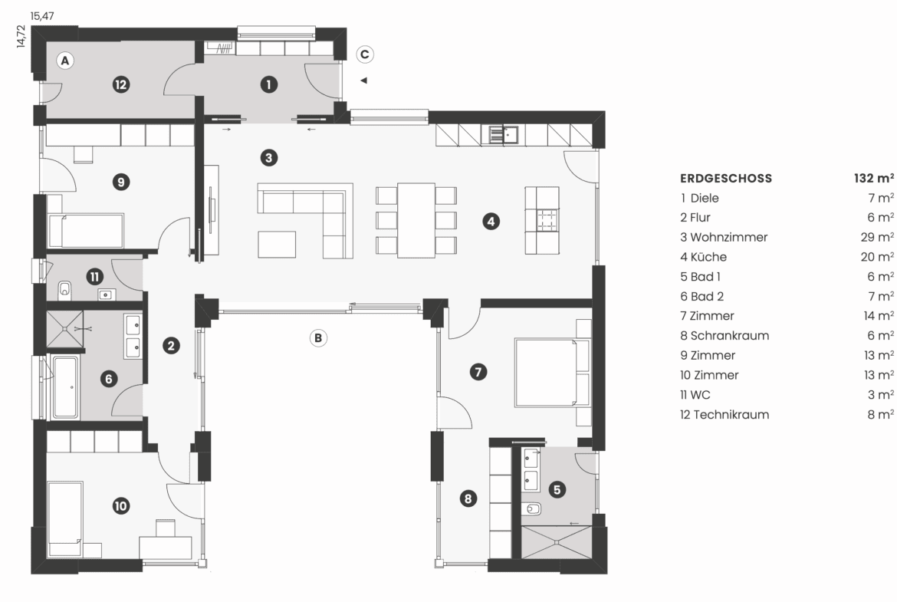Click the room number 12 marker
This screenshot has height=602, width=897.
[120, 84]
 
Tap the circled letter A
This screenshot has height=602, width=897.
[65, 60]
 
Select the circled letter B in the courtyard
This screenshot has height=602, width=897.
[318, 337]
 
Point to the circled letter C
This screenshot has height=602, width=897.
[364, 54]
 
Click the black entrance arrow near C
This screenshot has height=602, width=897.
[363, 81]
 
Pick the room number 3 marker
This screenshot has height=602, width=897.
[269, 157]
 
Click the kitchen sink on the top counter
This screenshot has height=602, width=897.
[504, 134]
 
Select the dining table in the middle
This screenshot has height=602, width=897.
[416, 220]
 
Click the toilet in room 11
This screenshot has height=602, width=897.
[64, 290]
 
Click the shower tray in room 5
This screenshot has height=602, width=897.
[556, 542]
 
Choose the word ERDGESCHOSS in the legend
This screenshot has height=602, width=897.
[726, 179]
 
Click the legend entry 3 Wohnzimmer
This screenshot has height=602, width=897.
[724, 237]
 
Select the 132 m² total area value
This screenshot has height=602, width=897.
[873, 178]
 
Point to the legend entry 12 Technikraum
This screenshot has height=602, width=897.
[724, 414]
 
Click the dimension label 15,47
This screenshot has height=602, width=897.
[42, 16]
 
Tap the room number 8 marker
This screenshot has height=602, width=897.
[468, 498]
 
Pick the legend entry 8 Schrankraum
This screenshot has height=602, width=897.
[724, 336]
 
